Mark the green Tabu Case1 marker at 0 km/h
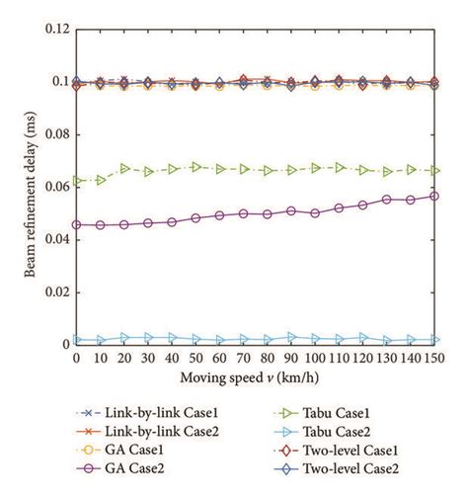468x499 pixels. click(77, 181)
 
